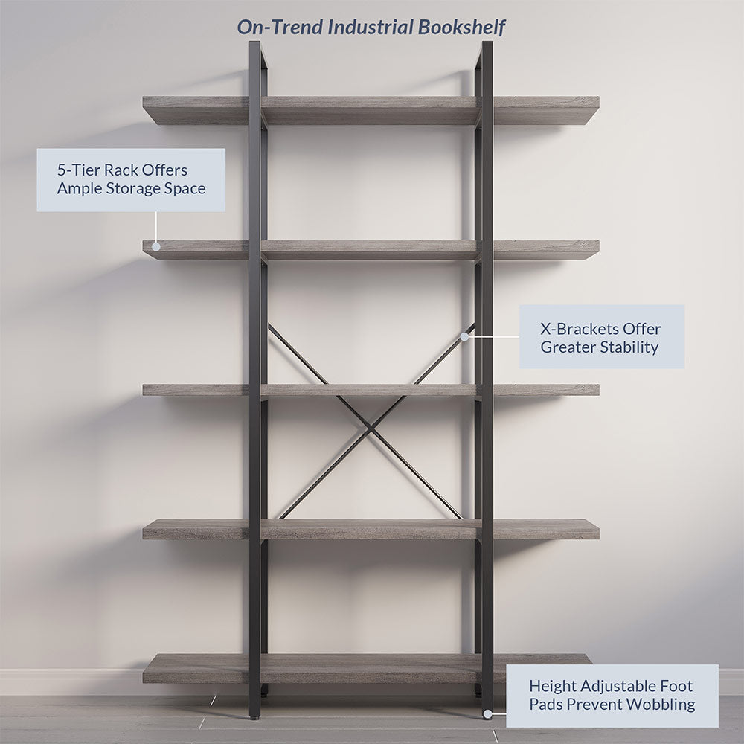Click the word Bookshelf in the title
tap(461, 28)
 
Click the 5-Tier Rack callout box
tap(131, 180)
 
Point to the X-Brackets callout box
tap(601, 336)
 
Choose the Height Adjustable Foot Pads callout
tap(612, 696)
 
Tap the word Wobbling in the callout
tap(658, 704)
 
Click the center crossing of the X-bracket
tap(371, 427)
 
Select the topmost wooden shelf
tap(371, 109)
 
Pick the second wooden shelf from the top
tap(371, 249)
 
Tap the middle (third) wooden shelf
tap(371, 390)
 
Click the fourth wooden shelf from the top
tap(371, 529)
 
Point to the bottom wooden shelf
tap(371, 668)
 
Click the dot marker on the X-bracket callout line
tap(464, 336)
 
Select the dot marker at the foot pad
tap(487, 714)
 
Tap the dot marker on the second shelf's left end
tap(156, 246)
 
